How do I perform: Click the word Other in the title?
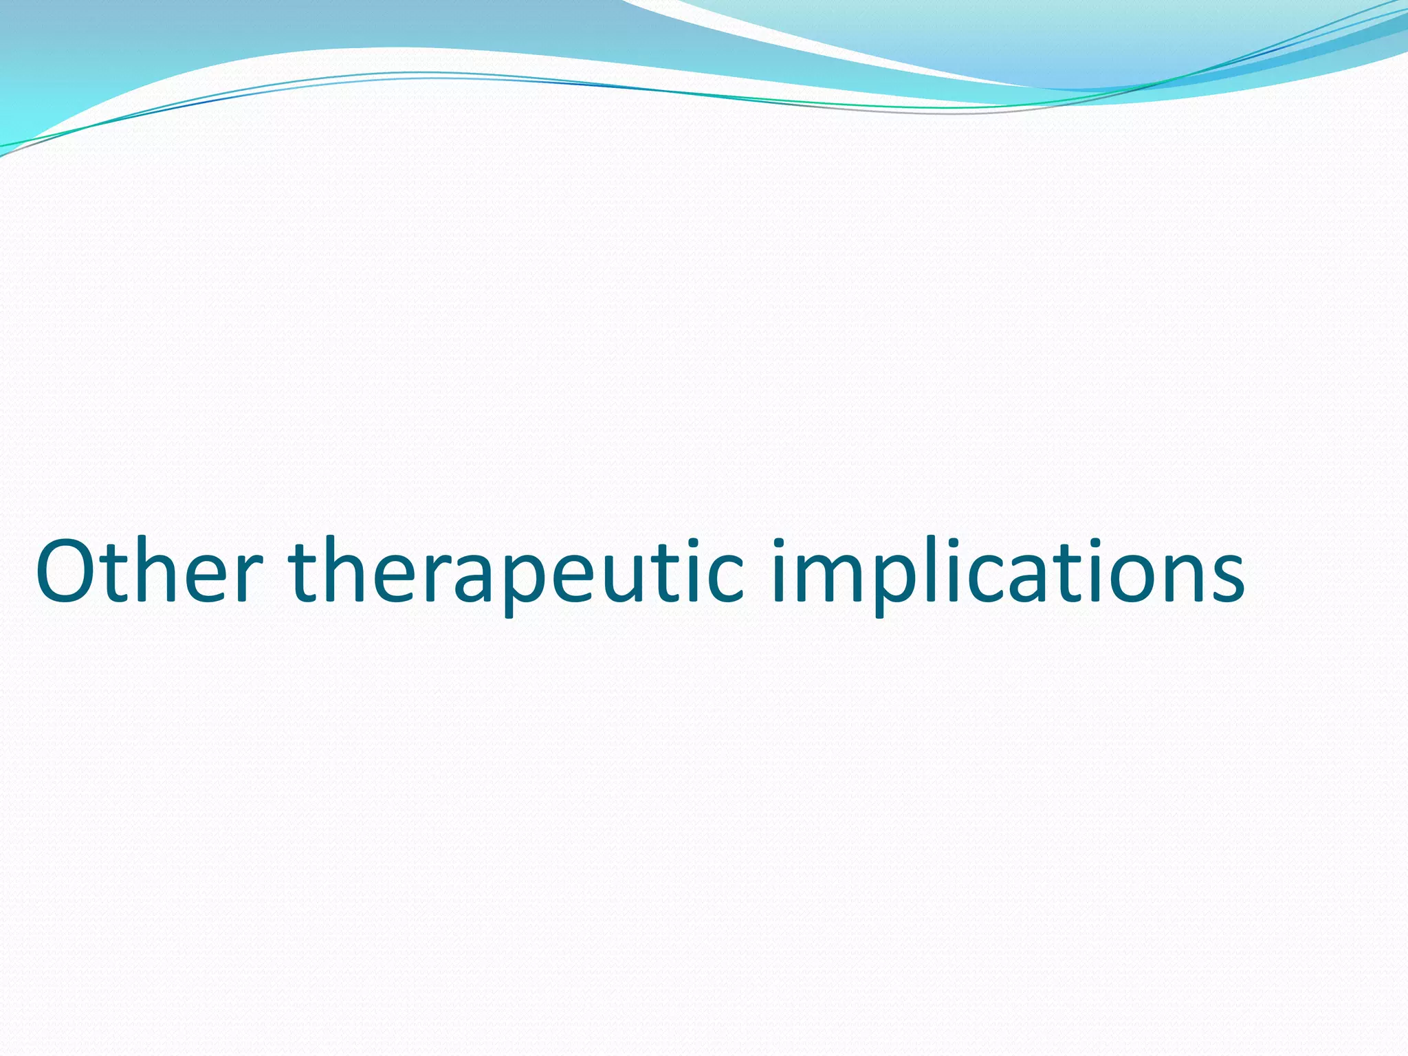pos(148,571)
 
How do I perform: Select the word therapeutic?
pos(516,571)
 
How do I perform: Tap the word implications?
pos(1007,571)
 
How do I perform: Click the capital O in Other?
pos(68,571)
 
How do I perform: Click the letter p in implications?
pos(894,582)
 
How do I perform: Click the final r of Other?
pos(245,577)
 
